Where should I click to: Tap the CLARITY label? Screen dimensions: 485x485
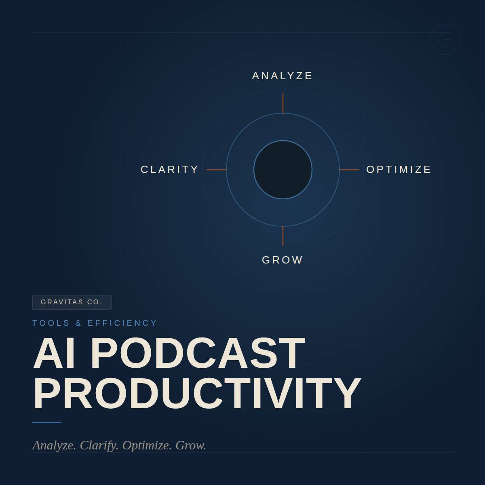[169, 170]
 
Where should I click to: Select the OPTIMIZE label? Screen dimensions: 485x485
[399, 170]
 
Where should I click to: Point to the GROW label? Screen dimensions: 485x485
[282, 260]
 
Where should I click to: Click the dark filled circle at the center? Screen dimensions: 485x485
[283, 170]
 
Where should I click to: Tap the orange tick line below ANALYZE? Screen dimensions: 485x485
[283, 103]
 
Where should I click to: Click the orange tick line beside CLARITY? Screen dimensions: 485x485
[217, 170]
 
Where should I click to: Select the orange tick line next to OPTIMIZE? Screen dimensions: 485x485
[349, 170]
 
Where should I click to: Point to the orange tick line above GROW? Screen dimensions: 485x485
[283, 236]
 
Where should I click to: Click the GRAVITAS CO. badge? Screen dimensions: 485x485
[72, 302]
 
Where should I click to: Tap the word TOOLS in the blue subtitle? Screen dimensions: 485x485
[51, 323]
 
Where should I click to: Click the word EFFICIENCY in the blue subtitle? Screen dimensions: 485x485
[122, 323]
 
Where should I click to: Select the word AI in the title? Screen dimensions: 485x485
[54, 353]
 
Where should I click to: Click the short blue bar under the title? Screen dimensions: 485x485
[47, 423]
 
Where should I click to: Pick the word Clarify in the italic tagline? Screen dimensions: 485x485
[99, 446]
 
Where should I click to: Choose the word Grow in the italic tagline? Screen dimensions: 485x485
[191, 445]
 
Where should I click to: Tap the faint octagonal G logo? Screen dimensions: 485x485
[445, 40]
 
